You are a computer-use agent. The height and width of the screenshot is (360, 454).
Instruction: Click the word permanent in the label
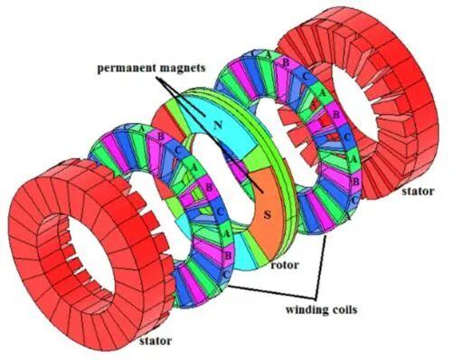coord(127,68)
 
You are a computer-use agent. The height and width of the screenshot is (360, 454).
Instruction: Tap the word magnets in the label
coord(183,68)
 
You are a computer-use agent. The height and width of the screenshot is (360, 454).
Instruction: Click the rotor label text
coord(285,265)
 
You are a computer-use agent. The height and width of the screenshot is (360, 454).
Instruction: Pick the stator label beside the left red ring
coord(156,341)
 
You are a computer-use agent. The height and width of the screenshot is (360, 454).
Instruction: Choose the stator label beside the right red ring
coord(418,191)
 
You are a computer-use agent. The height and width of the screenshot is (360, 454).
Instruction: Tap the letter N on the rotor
coord(218,125)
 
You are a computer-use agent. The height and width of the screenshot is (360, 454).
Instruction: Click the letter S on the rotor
coord(267,215)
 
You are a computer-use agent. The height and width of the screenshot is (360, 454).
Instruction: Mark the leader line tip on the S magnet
coord(263,193)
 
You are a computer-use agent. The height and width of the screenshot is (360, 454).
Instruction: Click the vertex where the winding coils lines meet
coord(316,298)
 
